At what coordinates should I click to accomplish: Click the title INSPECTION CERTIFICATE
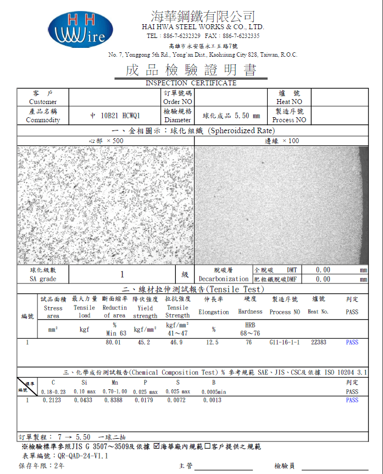click(x=191, y=83)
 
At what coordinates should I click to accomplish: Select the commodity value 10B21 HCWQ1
click(x=115, y=116)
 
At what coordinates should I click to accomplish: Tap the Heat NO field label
click(x=289, y=102)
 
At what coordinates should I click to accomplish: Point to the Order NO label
click(x=177, y=102)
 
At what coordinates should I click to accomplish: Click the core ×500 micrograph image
click(x=106, y=205)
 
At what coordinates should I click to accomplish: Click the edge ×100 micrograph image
click(x=281, y=205)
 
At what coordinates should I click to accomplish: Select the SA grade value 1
click(x=122, y=274)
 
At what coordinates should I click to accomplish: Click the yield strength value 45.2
click(x=143, y=342)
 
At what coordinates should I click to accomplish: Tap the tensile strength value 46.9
click(x=176, y=342)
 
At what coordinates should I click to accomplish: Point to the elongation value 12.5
click(x=212, y=342)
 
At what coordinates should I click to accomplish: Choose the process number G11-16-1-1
click(x=284, y=342)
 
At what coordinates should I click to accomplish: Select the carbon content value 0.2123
click(x=53, y=400)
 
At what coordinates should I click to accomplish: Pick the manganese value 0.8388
click(x=114, y=400)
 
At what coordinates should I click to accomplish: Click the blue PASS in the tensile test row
click(x=352, y=342)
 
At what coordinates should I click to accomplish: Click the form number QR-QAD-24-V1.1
click(x=82, y=456)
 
